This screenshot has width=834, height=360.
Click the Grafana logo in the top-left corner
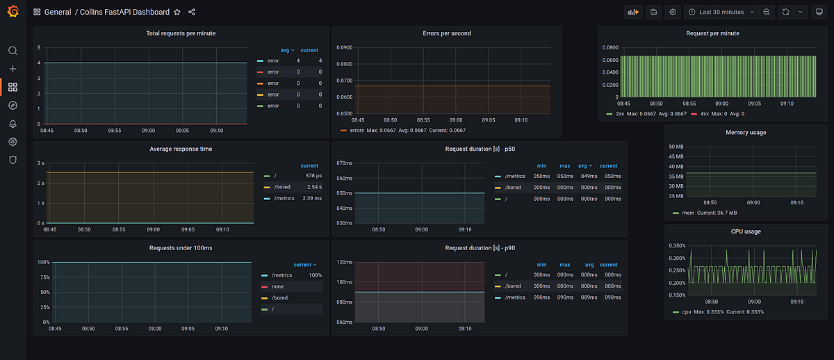coord(13,12)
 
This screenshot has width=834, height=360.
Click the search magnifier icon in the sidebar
coord(13,51)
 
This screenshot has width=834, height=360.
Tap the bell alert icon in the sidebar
coord(13,124)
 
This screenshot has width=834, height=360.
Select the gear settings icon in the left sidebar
coord(13,142)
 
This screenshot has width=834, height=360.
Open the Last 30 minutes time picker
coord(721,12)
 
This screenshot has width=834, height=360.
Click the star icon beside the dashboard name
coord(177,12)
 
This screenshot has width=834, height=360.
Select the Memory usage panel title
coord(746,132)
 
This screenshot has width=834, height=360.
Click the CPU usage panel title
coord(746,231)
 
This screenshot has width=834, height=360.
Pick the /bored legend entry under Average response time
coord(282,187)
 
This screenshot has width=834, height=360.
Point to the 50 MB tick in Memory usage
coord(676,147)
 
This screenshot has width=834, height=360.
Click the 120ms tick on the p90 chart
coord(345,262)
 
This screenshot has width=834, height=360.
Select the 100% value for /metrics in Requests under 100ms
coord(315,275)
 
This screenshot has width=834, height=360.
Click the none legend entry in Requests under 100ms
coord(277,286)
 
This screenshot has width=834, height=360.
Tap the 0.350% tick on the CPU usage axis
coord(676,245)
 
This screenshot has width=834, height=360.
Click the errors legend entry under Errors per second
coord(357,130)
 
